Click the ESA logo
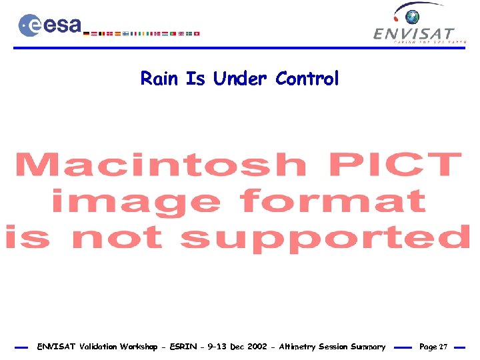50,25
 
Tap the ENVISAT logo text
414,34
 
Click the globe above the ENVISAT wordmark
415,17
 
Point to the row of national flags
144,33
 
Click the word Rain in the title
159,79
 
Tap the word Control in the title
307,79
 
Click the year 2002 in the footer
257,347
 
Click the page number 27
443,347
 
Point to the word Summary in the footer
368,347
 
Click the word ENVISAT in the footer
56,347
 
